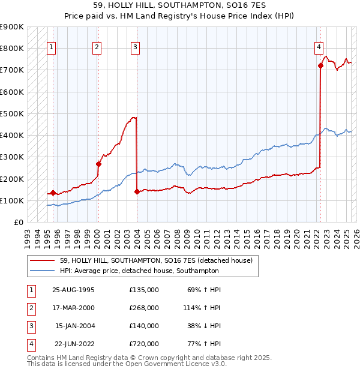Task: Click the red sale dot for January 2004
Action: [x=137, y=192]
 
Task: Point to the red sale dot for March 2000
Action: [x=98, y=164]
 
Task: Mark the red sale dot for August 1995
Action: [x=53, y=193]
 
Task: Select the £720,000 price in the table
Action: [x=144, y=344]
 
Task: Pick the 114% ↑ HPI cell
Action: [x=202, y=308]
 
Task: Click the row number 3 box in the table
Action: [x=30, y=326]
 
